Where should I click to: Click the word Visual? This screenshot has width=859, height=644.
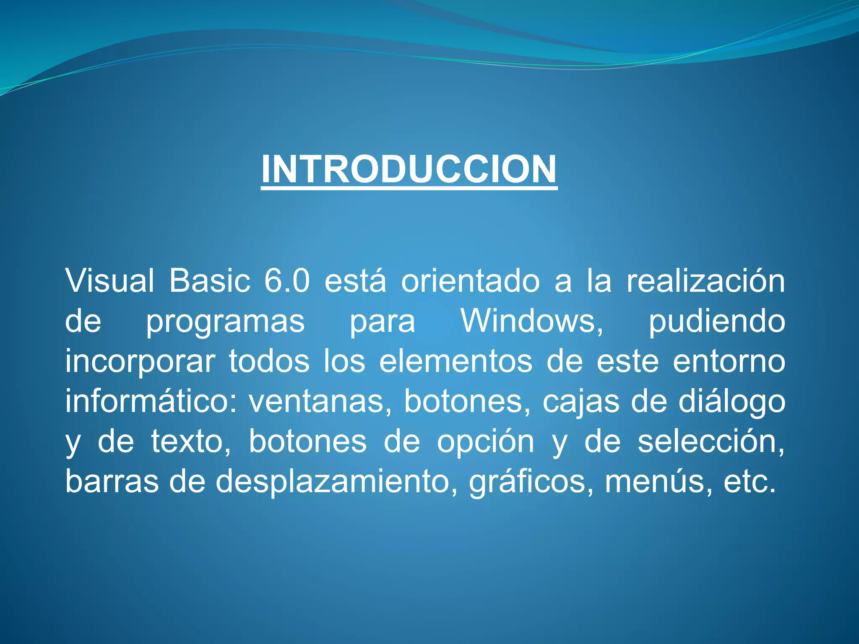110,280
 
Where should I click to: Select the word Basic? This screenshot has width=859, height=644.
210,280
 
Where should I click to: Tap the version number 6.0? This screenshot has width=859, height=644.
287,280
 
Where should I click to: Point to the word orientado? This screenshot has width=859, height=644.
470,280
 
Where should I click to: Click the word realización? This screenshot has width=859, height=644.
705,280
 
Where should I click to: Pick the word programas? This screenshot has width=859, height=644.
225,322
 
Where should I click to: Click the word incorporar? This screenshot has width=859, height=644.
140,361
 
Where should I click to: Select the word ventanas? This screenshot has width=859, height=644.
317,402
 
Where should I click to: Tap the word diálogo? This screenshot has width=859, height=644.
732,402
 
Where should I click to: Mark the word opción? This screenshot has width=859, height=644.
485,442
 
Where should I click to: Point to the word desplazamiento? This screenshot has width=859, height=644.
334,482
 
